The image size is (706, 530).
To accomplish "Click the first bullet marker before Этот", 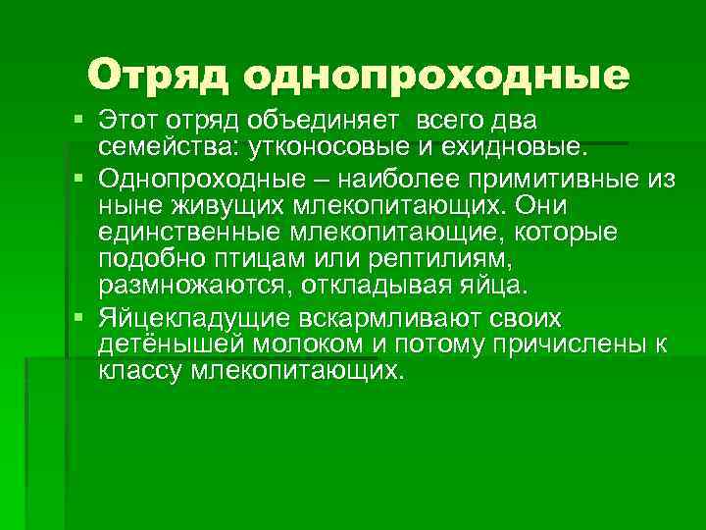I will pos(78,121).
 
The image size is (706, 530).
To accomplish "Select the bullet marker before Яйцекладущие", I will pos(78,319).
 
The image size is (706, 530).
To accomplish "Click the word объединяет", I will pos(333,121).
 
